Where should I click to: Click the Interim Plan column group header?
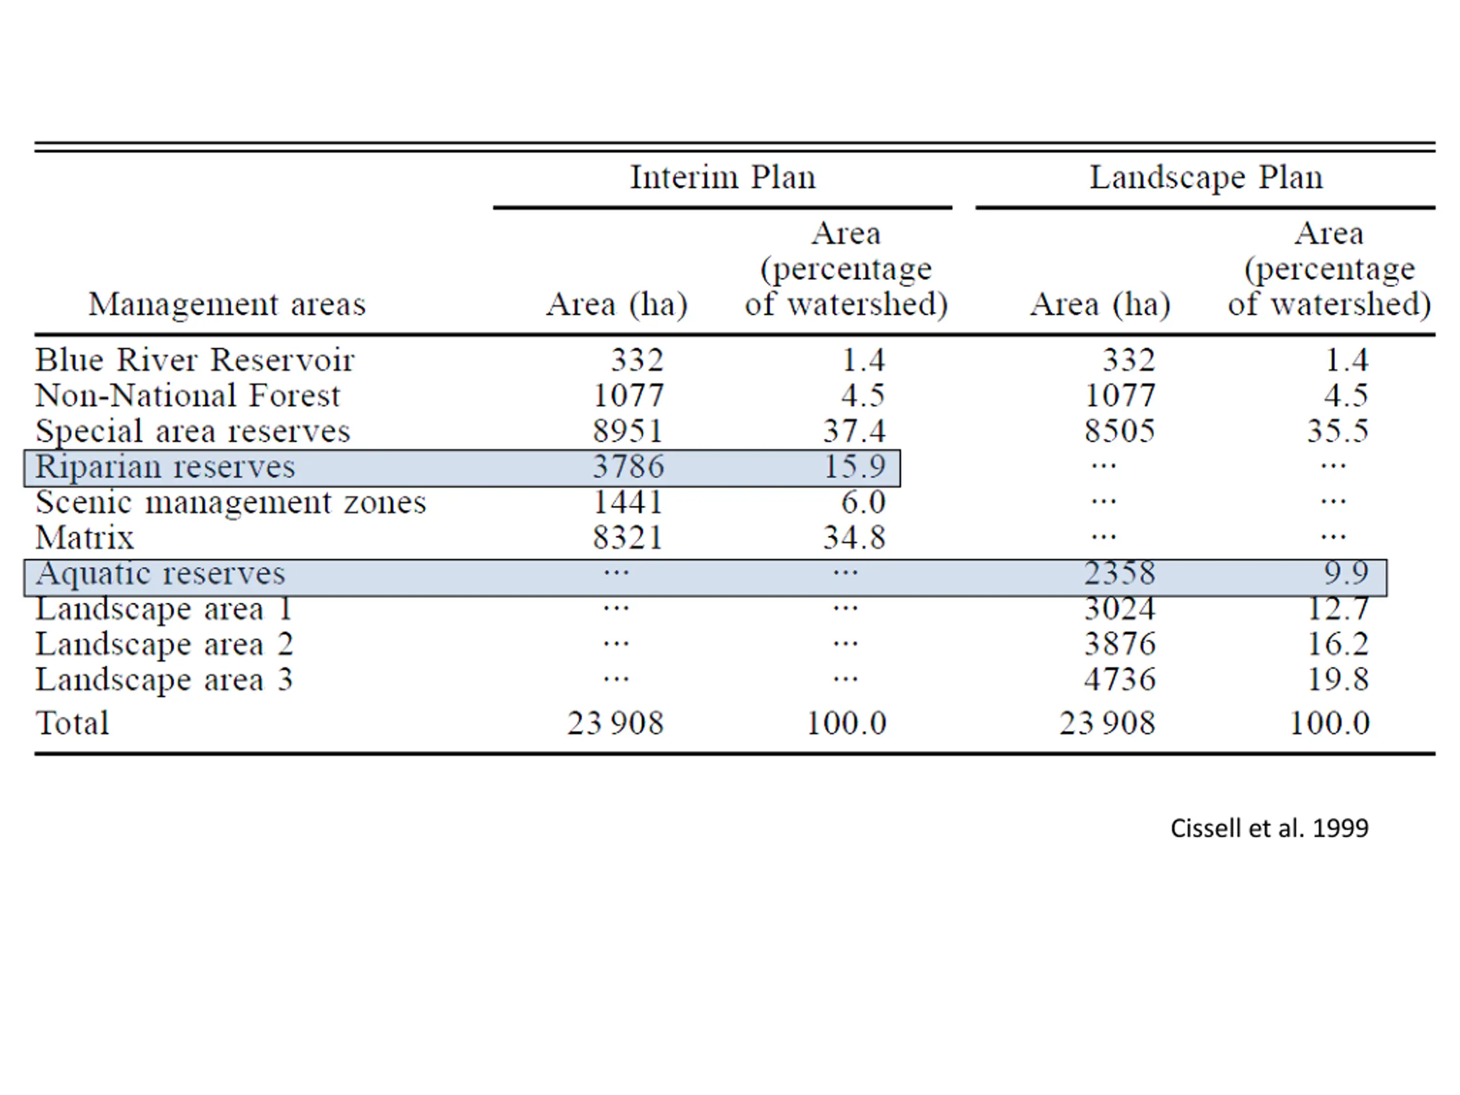pos(722,177)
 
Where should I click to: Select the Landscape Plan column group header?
pos(1205,177)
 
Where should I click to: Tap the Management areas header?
pos(226,305)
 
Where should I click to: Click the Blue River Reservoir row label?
pos(194,360)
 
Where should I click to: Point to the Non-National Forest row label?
pos(188,396)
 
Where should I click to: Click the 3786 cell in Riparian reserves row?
pos(628,467)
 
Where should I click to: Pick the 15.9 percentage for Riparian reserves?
pos(854,467)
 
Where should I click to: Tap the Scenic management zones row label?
pos(230,502)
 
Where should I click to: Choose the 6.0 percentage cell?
pos(863,502)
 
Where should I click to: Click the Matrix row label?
pos(84,538)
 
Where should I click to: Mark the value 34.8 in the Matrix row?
pos(854,538)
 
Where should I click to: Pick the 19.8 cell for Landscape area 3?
pos(1338,680)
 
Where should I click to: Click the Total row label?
pos(72,723)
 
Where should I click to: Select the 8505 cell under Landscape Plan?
pos(1120,432)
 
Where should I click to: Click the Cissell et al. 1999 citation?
pos(1270,828)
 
